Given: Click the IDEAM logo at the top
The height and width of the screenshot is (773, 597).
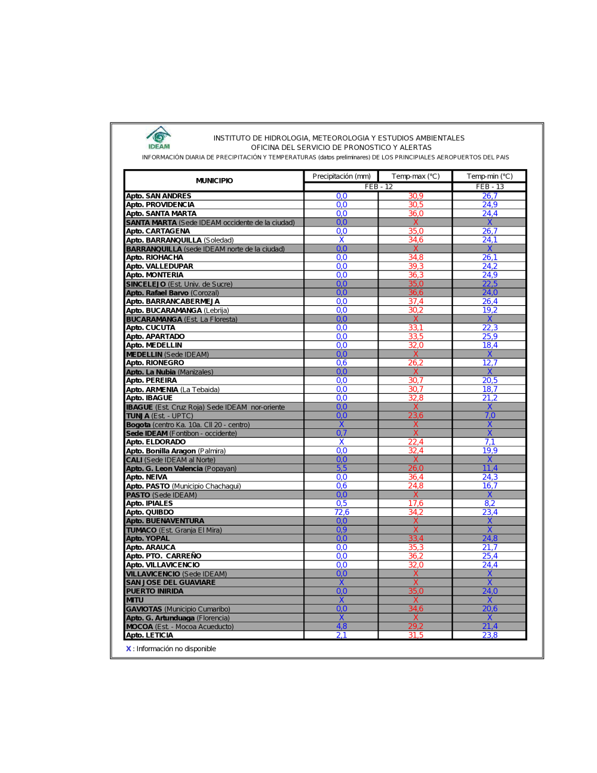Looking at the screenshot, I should pyautogui.click(x=159, y=138).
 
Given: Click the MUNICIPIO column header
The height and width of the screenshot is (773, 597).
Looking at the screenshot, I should pyautogui.click(x=214, y=180).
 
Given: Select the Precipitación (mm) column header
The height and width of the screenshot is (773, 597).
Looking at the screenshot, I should pyautogui.click(x=341, y=176).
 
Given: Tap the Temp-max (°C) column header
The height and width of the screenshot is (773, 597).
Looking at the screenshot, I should pyautogui.click(x=416, y=176).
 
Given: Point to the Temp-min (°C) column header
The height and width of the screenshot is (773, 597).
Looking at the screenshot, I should pyautogui.click(x=490, y=176).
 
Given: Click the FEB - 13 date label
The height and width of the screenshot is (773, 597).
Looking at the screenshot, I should pyautogui.click(x=490, y=187).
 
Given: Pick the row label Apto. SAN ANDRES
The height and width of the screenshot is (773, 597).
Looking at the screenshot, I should pyautogui.click(x=159, y=196).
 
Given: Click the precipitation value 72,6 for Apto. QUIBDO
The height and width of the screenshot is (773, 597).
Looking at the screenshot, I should pyautogui.click(x=341, y=512).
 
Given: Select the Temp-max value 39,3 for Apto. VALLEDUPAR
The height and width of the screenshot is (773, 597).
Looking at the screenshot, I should pyautogui.click(x=416, y=266).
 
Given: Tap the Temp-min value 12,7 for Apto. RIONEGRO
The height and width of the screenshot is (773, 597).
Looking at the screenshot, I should pyautogui.click(x=490, y=363).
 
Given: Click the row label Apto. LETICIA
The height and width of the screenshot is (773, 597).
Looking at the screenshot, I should pyautogui.click(x=149, y=635).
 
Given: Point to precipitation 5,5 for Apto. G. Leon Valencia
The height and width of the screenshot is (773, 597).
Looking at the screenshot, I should pyautogui.click(x=341, y=468).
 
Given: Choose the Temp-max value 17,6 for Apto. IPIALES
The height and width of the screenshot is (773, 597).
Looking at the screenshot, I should pyautogui.click(x=416, y=504).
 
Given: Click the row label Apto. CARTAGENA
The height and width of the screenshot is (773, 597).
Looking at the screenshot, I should pyautogui.click(x=158, y=231).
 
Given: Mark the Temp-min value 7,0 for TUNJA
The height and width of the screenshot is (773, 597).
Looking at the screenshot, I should pyautogui.click(x=490, y=416).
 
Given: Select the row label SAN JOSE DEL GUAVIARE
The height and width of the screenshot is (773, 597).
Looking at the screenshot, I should pyautogui.click(x=171, y=582).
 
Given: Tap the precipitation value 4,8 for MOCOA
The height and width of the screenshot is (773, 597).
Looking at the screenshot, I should pyautogui.click(x=341, y=627).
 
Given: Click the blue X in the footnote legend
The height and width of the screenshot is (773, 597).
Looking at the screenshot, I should pyautogui.click(x=128, y=649).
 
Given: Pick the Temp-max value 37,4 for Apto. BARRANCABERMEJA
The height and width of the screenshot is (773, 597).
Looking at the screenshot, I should pyautogui.click(x=416, y=302).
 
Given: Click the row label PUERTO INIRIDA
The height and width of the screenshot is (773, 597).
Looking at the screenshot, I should pyautogui.click(x=155, y=591).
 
